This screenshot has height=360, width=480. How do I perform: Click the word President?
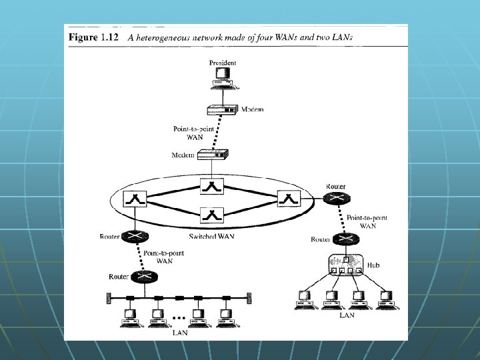click(222, 63)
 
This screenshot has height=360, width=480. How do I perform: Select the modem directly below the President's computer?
click(221, 109)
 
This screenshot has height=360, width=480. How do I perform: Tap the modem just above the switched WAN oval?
click(213, 155)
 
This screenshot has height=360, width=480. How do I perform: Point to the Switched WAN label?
click(211, 237)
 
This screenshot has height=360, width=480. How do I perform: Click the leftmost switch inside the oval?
click(134, 197)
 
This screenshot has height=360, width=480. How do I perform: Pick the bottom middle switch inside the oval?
click(211, 215)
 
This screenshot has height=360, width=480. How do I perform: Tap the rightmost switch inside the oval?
click(288, 197)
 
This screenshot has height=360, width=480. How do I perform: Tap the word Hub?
click(375, 265)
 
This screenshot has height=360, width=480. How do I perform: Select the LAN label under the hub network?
click(347, 315)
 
